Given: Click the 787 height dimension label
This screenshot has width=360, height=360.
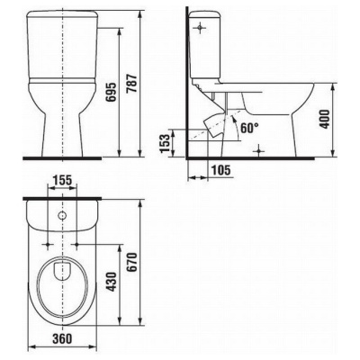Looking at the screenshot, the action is [x=132, y=83].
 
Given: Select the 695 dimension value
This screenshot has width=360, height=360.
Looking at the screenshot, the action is [x=112, y=92].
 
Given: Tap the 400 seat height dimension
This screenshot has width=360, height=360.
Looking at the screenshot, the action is [x=325, y=119].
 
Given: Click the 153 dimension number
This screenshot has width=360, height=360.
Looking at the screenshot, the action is [x=165, y=143].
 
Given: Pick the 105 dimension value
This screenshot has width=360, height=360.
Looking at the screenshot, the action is [x=221, y=170].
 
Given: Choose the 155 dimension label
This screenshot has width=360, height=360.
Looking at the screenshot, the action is [x=62, y=180].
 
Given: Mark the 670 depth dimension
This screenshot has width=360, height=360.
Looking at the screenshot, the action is [x=132, y=262].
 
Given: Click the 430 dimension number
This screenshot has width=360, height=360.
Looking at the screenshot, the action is [x=112, y=283].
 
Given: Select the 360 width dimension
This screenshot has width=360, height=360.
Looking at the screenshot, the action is [x=62, y=338].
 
